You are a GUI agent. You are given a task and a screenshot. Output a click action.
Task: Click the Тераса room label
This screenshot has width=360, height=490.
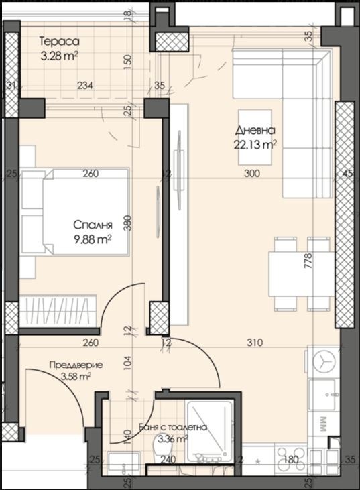(x=59, y=41)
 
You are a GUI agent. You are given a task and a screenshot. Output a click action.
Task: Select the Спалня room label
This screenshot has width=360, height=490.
(x=92, y=225)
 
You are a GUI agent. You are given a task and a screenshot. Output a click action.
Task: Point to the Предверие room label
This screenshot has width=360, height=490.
(x=76, y=365)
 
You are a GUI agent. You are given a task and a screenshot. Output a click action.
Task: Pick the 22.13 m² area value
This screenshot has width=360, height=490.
(x=255, y=143)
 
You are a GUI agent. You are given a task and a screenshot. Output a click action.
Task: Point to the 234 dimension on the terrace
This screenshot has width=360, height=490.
(x=84, y=85)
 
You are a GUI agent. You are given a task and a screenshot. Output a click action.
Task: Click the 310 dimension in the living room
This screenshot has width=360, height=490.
(x=253, y=343)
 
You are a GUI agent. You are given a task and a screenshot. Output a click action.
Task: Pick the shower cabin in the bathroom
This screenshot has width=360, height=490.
(x=209, y=429)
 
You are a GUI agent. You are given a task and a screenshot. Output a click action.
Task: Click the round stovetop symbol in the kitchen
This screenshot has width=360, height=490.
(x=324, y=360)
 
